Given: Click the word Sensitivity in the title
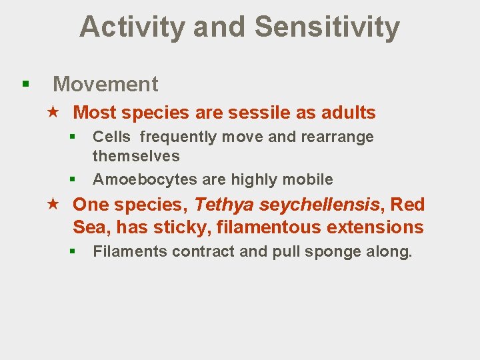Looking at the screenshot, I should tap(327, 27).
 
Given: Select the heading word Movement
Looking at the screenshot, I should tap(105, 85).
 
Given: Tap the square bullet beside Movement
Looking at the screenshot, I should tap(25, 85).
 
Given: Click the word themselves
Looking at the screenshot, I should tap(136, 157).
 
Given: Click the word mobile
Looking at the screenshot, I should tap(309, 179).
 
